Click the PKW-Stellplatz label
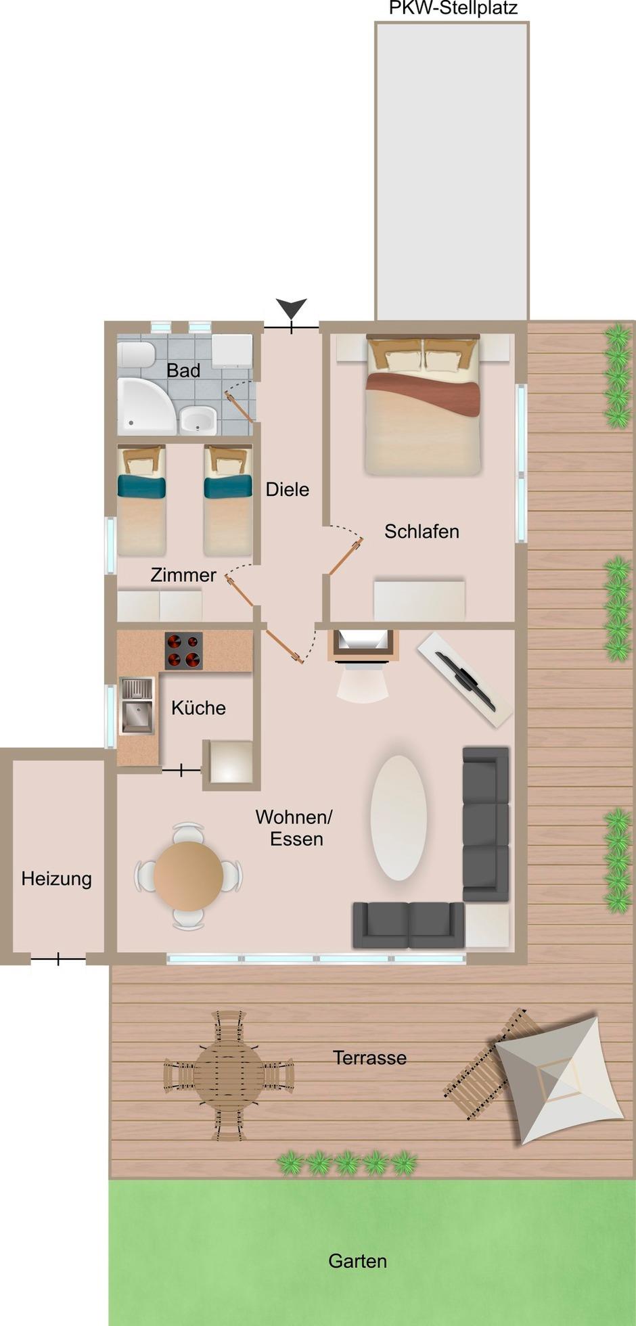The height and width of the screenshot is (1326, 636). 453,8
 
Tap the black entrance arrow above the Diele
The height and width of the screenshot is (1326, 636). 292,308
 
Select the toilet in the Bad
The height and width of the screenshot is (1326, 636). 136,355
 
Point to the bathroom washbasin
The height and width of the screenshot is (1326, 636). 198,420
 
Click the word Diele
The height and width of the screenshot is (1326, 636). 288,489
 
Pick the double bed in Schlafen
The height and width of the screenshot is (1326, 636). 423,404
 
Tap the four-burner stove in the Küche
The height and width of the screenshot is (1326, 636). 183,651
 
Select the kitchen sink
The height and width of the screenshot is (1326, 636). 137,706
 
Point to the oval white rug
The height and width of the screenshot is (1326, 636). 399,818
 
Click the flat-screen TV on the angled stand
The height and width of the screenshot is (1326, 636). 466,681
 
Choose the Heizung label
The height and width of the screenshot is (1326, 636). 57,879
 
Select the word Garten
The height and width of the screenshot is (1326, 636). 358,1261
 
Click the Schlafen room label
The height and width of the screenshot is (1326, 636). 422,532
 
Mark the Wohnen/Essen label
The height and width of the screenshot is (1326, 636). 294,827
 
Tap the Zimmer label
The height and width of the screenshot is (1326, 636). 183,575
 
